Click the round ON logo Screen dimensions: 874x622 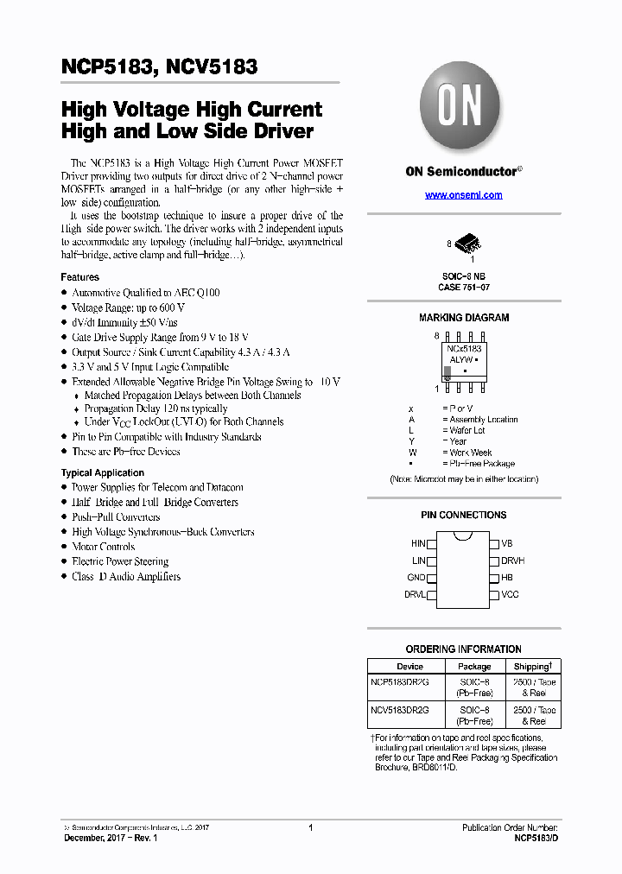[x=460, y=108]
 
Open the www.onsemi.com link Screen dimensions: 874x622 [x=463, y=195]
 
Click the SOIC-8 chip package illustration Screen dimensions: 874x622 [x=466, y=244]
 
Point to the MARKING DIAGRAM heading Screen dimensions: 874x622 [x=464, y=318]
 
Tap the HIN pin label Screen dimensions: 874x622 [x=418, y=544]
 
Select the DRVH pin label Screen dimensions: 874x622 [x=512, y=560]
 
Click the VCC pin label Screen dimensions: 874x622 [x=510, y=594]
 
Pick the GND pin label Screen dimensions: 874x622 [x=416, y=578]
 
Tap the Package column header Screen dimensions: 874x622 [x=473, y=667]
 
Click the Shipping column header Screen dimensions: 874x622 [x=532, y=667]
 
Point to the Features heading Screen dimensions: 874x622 [x=79, y=277]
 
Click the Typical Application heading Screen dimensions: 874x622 [x=102, y=472]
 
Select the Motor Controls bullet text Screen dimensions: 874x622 [x=103, y=547]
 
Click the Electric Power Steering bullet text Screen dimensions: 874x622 [x=120, y=561]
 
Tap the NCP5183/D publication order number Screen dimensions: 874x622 [x=536, y=838]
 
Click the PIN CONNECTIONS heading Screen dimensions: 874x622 [x=464, y=515]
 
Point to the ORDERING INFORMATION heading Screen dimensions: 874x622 [x=464, y=649]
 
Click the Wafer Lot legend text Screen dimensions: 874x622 [x=467, y=430]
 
